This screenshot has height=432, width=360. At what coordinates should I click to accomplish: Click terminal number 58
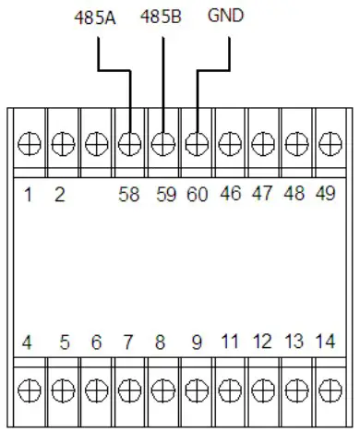point(129,194)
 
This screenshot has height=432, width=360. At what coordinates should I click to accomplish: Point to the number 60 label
point(196,194)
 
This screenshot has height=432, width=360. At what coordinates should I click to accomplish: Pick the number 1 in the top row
point(29,194)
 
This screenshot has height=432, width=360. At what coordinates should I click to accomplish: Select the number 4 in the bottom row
point(28,342)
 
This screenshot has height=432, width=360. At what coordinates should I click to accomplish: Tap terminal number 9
point(196,342)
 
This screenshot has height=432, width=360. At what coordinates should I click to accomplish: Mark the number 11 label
point(228,342)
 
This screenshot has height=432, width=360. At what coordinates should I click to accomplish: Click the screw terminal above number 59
point(162,144)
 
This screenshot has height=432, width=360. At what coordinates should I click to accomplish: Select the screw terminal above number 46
point(229,144)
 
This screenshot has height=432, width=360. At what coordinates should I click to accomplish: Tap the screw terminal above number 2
point(62,144)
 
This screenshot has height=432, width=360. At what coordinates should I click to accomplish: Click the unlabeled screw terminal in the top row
point(96,144)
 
